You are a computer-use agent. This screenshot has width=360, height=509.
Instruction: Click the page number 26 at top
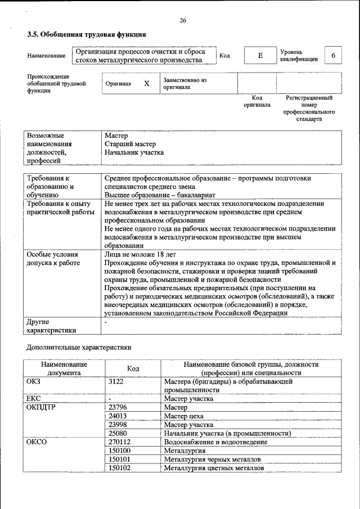(183, 21)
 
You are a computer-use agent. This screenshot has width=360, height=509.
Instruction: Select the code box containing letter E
(260, 56)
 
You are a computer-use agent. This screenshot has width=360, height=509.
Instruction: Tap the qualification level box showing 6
(334, 56)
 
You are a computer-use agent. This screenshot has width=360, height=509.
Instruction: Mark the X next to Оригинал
(147, 83)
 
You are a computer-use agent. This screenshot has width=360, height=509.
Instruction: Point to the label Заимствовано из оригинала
(185, 84)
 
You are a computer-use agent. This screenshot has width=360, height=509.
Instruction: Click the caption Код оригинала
(256, 101)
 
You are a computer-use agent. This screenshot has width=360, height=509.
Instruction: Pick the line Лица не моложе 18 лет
(140, 254)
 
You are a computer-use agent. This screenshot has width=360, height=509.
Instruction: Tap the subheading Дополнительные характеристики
(79, 348)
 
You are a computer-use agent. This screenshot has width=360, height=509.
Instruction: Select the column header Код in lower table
(133, 368)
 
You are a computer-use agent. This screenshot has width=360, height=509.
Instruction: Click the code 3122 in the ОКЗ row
(116, 381)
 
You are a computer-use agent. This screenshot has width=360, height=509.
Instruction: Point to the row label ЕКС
(34, 398)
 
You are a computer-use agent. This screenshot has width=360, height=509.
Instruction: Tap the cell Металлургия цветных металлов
(213, 467)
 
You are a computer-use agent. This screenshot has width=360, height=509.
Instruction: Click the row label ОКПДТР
(39, 407)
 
